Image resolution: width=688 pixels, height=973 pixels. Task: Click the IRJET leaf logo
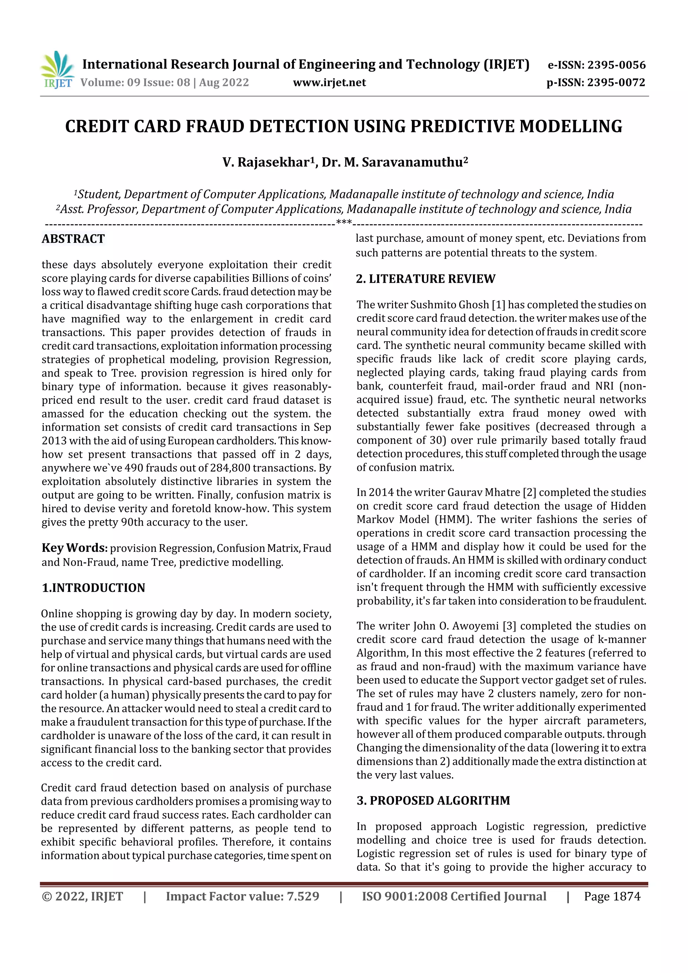tap(58, 69)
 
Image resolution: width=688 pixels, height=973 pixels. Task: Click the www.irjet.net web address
tap(329, 82)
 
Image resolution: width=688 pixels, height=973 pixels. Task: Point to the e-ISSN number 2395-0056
tap(616, 65)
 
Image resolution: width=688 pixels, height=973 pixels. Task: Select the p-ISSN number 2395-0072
tap(616, 82)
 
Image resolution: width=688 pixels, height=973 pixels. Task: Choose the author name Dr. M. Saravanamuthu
tap(394, 162)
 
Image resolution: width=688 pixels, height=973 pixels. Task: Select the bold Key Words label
tap(75, 547)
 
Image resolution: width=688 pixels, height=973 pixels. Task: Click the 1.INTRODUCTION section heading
tap(93, 587)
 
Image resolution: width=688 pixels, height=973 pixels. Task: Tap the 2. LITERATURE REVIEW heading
tap(426, 278)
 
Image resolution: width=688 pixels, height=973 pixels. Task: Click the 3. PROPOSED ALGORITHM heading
tap(433, 800)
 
